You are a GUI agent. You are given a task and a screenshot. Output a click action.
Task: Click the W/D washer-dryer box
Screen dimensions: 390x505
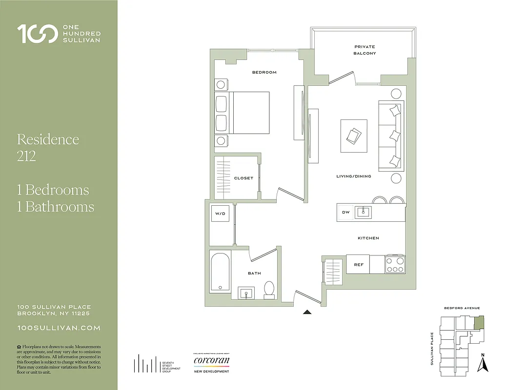219,214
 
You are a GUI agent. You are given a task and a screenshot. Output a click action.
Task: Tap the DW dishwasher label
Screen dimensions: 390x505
346,212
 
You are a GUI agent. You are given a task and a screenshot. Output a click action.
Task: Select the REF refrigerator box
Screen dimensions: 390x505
358,264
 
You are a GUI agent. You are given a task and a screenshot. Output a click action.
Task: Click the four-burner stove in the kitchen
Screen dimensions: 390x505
395,264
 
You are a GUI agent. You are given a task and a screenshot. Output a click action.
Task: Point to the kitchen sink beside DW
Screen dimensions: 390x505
363,212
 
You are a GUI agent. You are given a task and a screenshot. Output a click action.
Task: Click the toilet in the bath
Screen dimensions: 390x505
269,290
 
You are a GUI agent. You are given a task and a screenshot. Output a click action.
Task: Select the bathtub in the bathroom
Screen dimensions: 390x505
220,272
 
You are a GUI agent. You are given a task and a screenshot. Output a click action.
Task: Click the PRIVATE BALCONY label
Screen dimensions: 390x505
364,50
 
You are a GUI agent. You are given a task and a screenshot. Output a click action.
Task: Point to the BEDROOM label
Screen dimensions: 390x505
264,72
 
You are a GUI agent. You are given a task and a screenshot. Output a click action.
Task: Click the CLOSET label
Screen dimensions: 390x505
243,178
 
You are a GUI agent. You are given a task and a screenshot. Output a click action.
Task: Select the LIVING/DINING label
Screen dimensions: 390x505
353,176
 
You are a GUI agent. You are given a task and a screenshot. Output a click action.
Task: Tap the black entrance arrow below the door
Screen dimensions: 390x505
307,312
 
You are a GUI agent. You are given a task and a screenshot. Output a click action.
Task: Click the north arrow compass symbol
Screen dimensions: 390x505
483,363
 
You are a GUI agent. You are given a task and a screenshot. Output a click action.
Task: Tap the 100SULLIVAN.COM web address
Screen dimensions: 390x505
59,329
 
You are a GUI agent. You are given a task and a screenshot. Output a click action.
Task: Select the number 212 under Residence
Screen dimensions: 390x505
26,157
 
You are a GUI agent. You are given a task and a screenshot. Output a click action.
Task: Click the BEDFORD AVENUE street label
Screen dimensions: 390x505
462,308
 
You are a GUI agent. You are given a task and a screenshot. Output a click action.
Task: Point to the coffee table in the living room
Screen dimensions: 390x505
354,135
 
